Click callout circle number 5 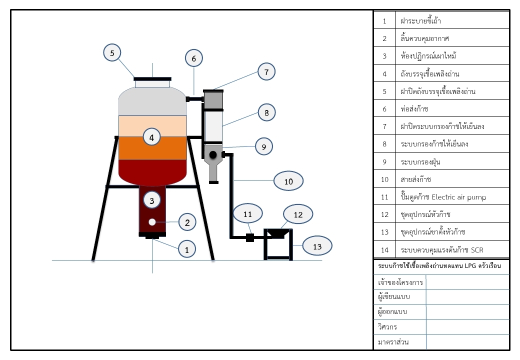[112, 52]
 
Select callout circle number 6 [193, 58]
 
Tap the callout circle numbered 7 [266, 72]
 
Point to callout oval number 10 [288, 181]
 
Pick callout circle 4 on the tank [152, 136]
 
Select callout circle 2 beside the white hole [187, 222]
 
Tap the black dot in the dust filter [212, 154]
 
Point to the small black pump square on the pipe [249, 238]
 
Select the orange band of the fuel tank [152, 148]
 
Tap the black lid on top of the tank [152, 78]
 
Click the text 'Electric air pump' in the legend [458, 197]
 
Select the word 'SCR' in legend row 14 [477, 249]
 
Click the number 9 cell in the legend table [384, 162]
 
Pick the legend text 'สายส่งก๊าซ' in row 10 [415, 179]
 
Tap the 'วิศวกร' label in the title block [387, 327]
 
